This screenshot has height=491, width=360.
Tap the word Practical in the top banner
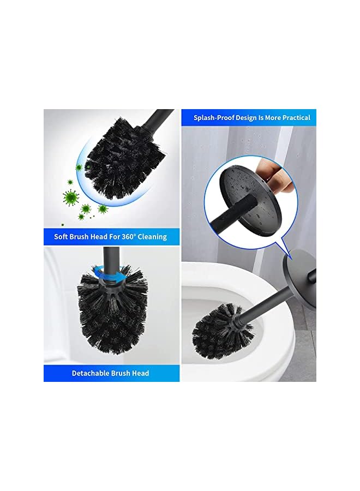(293, 117)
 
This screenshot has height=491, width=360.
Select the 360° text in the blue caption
(124, 237)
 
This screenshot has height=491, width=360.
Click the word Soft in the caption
(62, 237)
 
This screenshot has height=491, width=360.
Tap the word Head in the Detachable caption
(140, 373)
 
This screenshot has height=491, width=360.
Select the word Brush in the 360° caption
(81, 237)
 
